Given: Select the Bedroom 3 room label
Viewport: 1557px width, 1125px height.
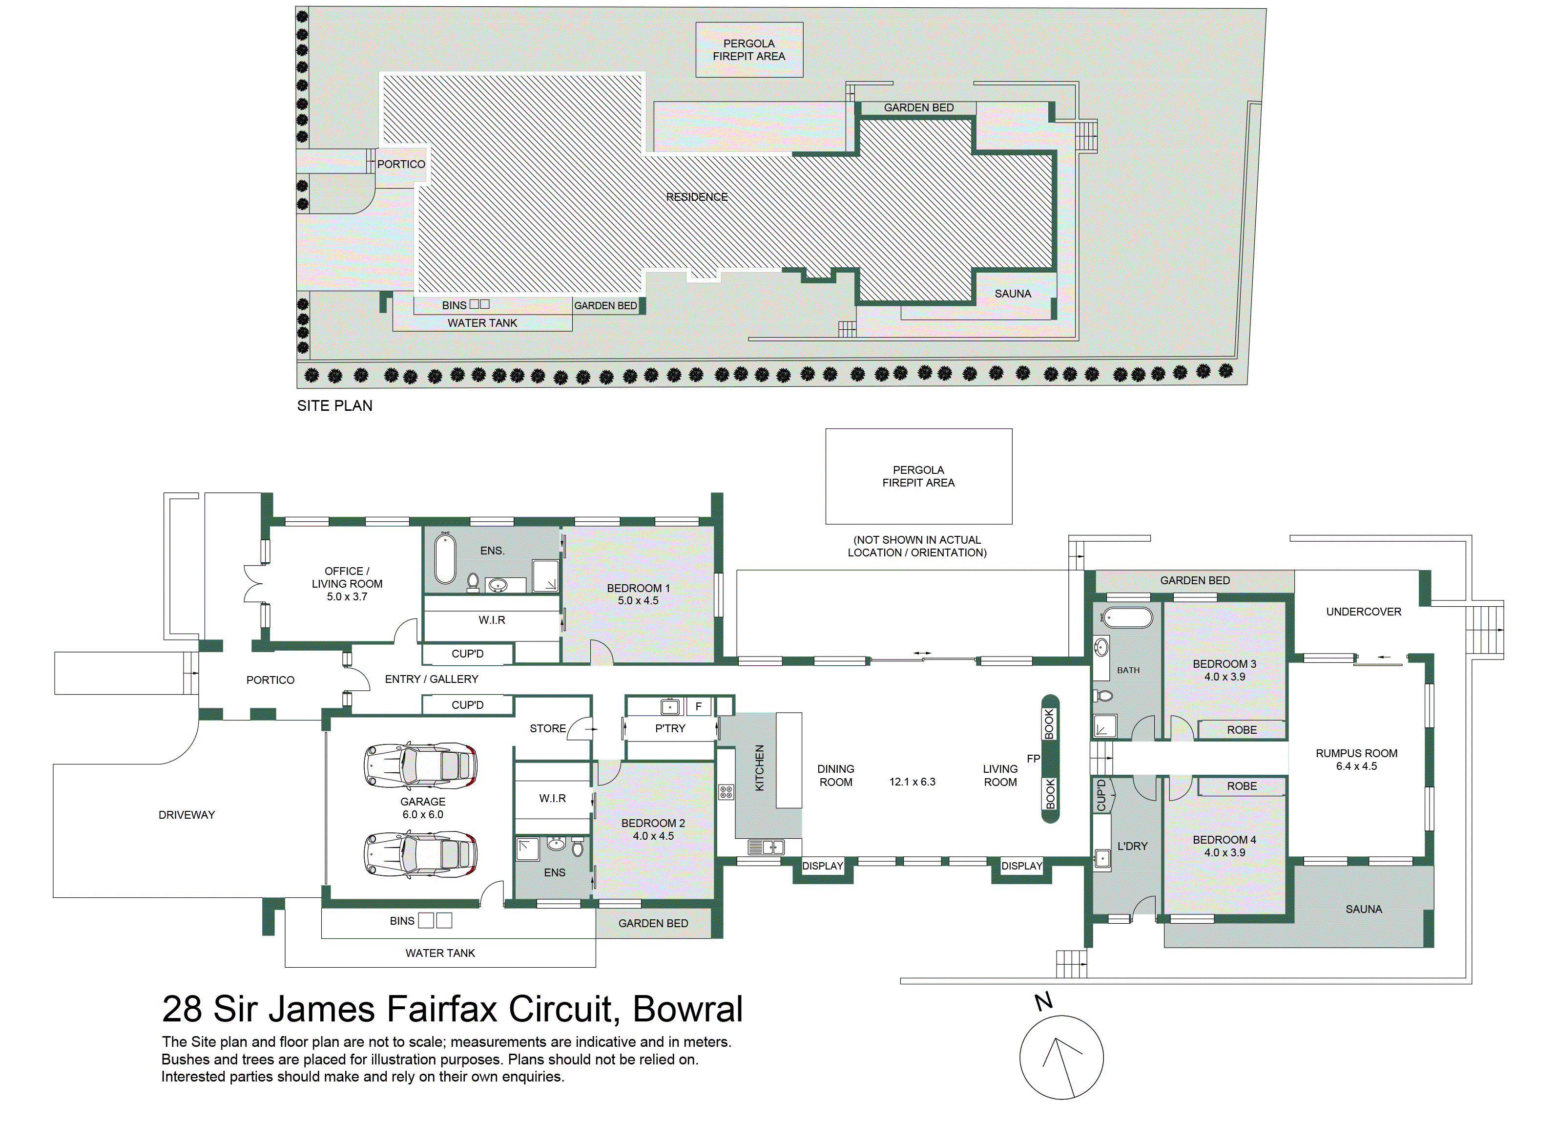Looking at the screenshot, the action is [1224, 664].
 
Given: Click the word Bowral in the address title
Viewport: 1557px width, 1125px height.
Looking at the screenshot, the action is [688, 1009].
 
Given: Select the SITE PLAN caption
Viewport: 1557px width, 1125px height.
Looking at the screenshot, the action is [334, 406].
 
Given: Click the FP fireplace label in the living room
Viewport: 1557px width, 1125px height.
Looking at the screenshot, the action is [1033, 758].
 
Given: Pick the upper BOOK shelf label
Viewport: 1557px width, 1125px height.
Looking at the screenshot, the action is [1049, 724].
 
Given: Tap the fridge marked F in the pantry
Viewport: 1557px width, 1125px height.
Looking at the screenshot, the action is [699, 706].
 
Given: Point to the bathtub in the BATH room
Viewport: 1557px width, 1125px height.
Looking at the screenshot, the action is [1127, 617].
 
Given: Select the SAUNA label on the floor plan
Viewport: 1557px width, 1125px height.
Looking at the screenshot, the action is [1363, 910].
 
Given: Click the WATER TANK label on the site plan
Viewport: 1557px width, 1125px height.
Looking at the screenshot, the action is [482, 323].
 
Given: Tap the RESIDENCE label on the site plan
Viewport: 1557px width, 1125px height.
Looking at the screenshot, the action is [696, 197].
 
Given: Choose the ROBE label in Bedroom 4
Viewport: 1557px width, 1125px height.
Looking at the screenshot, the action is [1242, 785].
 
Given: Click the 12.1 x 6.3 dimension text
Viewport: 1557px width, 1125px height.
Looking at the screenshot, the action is [913, 782].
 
